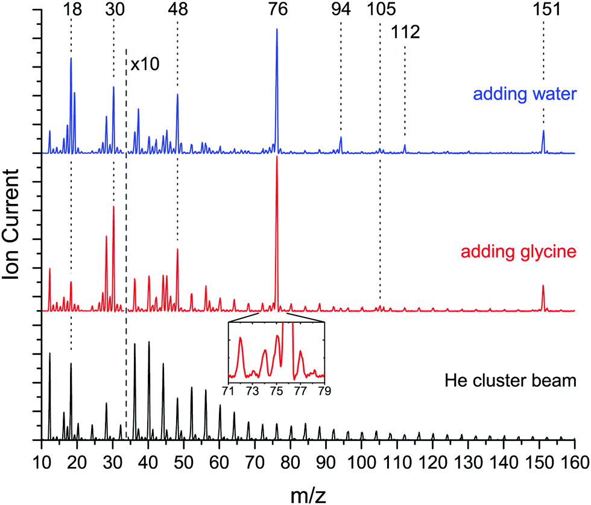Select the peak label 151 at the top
(543, 10)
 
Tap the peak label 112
(405, 32)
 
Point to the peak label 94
(341, 10)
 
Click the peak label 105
(380, 10)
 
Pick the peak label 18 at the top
(71, 10)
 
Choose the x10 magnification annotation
(144, 65)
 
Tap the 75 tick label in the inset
(277, 390)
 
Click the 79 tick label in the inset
(324, 390)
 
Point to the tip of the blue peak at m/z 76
(277, 29)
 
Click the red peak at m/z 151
(543, 286)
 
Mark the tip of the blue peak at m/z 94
(341, 138)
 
